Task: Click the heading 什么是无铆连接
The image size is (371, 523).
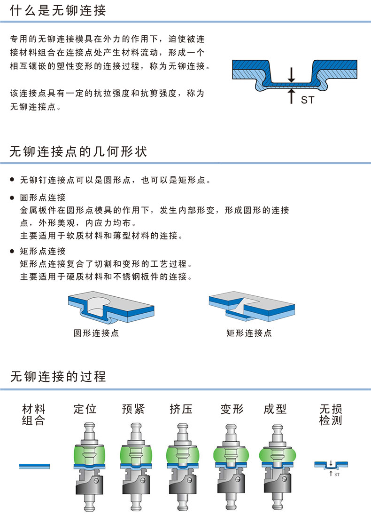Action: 58,10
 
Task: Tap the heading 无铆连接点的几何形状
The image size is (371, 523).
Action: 78,151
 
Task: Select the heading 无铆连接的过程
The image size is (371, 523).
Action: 58,376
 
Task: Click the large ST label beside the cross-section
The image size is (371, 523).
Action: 308,100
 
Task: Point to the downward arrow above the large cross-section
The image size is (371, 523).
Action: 292,75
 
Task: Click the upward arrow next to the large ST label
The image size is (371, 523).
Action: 292,96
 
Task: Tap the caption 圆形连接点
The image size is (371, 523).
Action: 96,333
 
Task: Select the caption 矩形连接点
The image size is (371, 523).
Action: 249,333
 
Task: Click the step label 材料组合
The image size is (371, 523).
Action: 34,415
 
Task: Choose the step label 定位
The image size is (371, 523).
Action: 85,409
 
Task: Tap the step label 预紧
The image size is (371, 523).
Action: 133,409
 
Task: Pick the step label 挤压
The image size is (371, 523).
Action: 181,409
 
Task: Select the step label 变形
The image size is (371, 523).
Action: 232,409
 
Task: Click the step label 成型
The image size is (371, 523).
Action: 275,409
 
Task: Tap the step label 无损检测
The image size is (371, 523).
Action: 331,415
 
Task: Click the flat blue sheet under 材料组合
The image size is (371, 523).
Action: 34,466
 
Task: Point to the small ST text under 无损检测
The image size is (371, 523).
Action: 337,474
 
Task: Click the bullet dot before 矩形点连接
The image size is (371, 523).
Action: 12,251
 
